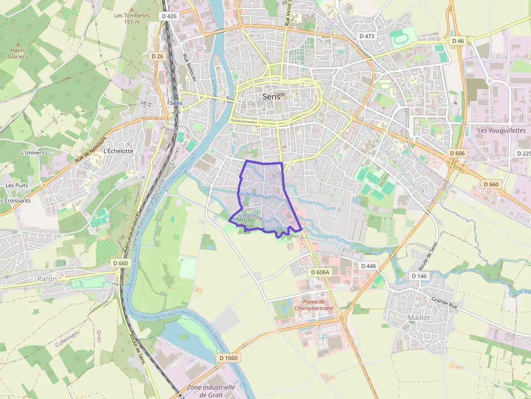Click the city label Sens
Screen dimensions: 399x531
[271, 97]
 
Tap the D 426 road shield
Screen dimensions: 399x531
[170, 16]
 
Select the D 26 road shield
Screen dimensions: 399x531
[157, 56]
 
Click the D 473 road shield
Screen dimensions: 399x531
[367, 36]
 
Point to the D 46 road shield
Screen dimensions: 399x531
[458, 41]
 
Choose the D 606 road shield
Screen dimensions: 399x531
[457, 153]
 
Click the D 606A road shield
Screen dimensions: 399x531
[320, 272]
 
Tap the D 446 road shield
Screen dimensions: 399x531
[368, 266]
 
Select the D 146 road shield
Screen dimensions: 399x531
[419, 276]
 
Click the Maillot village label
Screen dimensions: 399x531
[418, 317]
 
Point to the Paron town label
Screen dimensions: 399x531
[47, 279]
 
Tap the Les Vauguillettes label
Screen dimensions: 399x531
[502, 130]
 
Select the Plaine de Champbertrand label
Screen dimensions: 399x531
[313, 305]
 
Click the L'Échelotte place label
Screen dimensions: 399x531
[118, 151]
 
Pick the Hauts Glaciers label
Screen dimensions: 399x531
[18, 53]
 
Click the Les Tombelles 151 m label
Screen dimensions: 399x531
[132, 18]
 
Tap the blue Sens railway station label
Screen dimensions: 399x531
[176, 102]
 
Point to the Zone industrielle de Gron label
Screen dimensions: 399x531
[211, 391]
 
